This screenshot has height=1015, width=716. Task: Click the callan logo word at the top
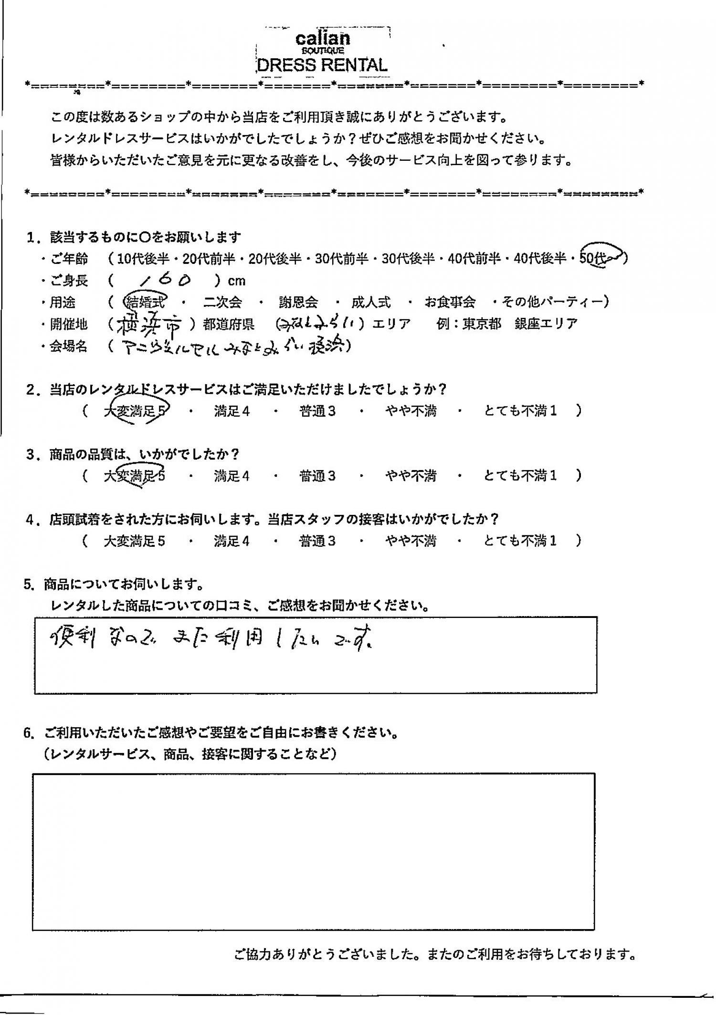[x=323, y=39]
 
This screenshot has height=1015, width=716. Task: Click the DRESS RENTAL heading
[x=322, y=65]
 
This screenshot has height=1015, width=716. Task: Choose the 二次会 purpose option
[x=222, y=302]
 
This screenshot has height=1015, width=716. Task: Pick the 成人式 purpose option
[x=371, y=302]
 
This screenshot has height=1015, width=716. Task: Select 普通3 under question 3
[x=317, y=476]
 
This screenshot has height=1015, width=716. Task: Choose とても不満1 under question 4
[x=520, y=541]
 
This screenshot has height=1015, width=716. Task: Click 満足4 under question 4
[x=232, y=541]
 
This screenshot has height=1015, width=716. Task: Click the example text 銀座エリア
[x=546, y=324]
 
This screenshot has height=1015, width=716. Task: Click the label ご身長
[x=69, y=281]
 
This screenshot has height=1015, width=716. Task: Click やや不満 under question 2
[x=411, y=411]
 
